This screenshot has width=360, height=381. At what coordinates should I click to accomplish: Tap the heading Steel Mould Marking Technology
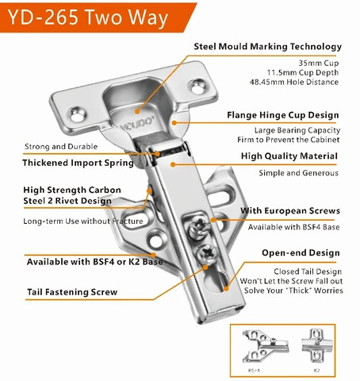coord(268,47)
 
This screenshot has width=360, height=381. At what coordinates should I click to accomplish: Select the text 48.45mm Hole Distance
coord(295,82)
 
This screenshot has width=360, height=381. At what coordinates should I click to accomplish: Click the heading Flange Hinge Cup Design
coord(285,114)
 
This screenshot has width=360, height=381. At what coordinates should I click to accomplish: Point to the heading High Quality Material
coord(289,156)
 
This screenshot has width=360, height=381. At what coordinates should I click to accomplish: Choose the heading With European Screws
coord(290,211)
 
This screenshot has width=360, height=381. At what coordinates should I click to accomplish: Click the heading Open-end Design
coord(301,253)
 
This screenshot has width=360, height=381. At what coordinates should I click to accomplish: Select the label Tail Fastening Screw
coord(72,292)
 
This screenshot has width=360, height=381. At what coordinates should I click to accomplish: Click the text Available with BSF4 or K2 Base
coord(90,262)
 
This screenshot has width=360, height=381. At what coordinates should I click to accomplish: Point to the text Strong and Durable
coord(60,146)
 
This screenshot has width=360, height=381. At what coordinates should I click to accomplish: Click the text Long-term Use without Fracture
coord(83,221)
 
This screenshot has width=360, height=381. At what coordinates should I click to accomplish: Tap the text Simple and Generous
coord(298,173)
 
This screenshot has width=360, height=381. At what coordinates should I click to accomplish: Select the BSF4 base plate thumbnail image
coord(265,344)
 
